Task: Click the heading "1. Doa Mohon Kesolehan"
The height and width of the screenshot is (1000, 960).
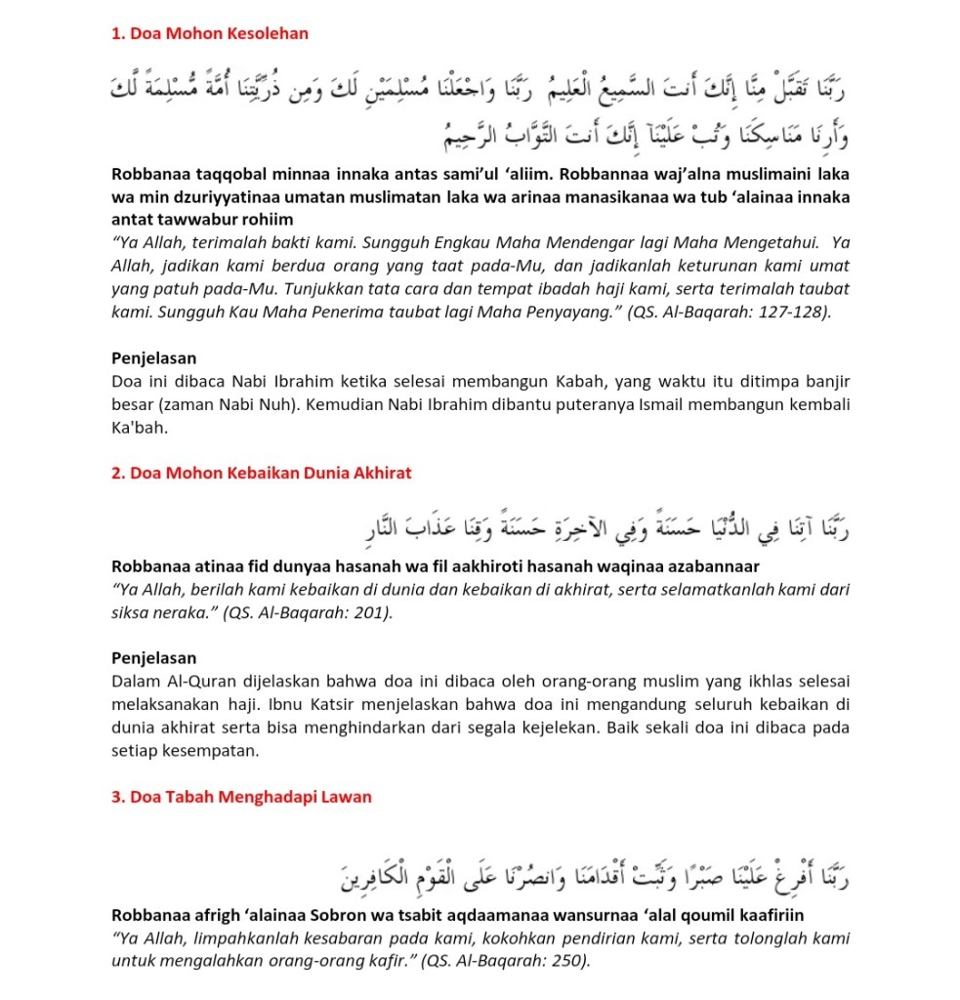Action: (x=210, y=34)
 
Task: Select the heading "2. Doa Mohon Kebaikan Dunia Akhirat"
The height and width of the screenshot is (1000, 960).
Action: (x=262, y=474)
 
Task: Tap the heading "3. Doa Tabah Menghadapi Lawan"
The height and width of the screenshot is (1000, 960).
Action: (x=242, y=797)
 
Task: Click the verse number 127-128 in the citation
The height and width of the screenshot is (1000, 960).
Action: (x=791, y=313)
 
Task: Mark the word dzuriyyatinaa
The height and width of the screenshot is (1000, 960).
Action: (x=215, y=198)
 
